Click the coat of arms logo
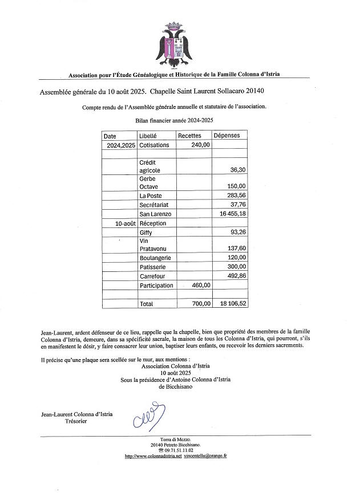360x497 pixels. pyautogui.click(x=174, y=44)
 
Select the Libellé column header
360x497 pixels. pyautogui.click(x=148, y=136)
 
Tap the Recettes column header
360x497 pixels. pyautogui.click(x=190, y=136)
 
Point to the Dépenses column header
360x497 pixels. pyautogui.click(x=226, y=136)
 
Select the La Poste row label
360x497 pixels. pyautogui.click(x=151, y=196)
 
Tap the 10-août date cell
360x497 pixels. pyautogui.click(x=125, y=224)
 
